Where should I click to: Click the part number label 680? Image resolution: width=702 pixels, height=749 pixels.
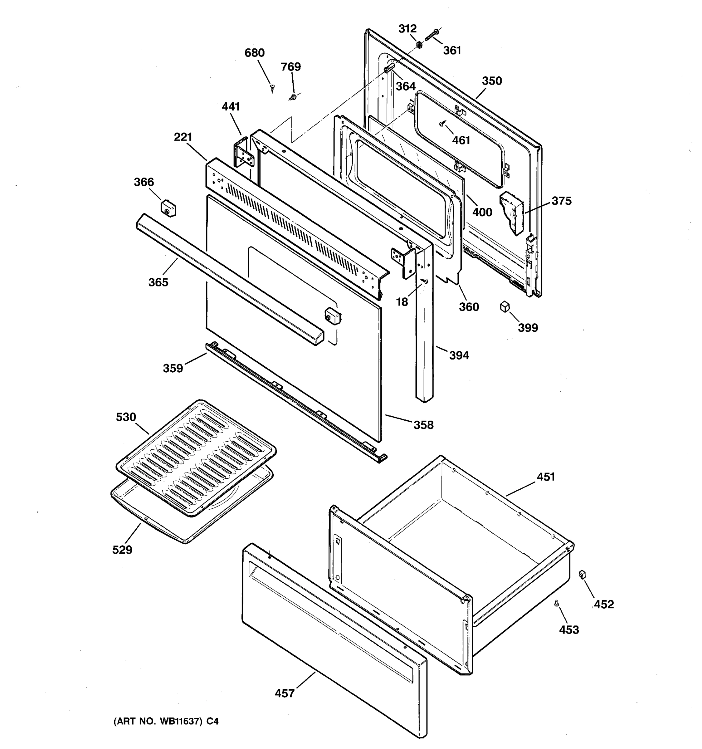[255, 53]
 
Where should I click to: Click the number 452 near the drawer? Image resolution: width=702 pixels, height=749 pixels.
[604, 604]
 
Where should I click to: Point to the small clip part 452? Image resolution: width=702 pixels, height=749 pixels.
[582, 574]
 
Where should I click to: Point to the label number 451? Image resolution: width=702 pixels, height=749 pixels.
[546, 477]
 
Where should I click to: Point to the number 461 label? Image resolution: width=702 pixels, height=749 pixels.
[461, 140]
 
